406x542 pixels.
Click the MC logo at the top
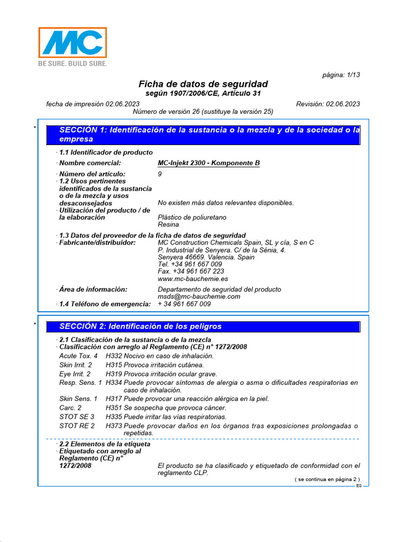pyautogui.click(x=72, y=42)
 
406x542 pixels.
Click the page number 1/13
pyautogui.click(x=341, y=75)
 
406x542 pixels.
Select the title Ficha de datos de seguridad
pyautogui.click(x=203, y=84)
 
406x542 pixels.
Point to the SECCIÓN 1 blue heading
pyautogui.click(x=204, y=134)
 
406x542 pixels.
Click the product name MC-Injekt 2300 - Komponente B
pyautogui.click(x=209, y=163)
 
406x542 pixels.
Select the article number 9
pyautogui.click(x=160, y=174)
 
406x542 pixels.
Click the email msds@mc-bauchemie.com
pyautogui.click(x=199, y=296)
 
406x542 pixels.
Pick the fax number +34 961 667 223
pyautogui.click(x=191, y=271)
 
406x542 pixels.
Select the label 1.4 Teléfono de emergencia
pyautogui.click(x=105, y=304)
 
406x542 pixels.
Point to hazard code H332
pyautogui.click(x=114, y=356)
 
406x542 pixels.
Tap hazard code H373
pyautogui.click(x=114, y=426)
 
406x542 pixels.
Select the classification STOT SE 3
pyautogui.click(x=77, y=417)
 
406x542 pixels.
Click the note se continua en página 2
pyautogui.click(x=327, y=479)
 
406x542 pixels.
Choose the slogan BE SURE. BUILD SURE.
pyautogui.click(x=72, y=64)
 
